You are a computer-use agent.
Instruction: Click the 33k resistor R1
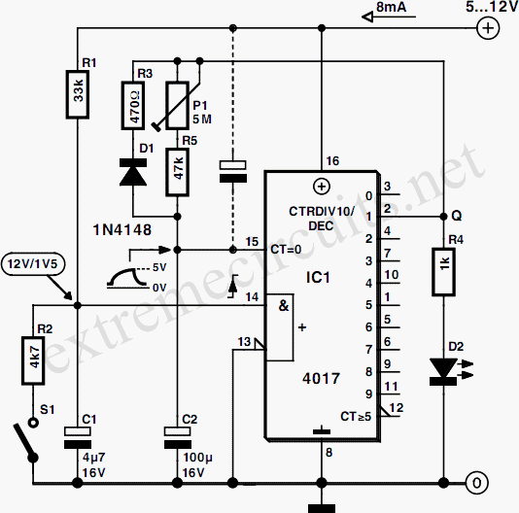click(x=77, y=94)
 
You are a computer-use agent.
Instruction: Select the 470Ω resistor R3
click(x=133, y=105)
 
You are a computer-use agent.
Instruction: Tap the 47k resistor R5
click(x=178, y=172)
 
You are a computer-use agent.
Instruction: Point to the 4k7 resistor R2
click(x=33, y=360)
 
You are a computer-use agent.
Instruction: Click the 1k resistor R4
click(x=443, y=272)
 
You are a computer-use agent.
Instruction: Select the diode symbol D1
click(x=133, y=172)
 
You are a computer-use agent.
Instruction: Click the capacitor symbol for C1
click(x=77, y=438)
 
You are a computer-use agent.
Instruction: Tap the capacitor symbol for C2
click(x=178, y=438)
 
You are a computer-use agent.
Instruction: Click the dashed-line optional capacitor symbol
click(x=233, y=171)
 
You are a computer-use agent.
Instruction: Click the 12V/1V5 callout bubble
click(x=33, y=263)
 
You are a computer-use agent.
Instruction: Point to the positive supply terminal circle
click(x=488, y=28)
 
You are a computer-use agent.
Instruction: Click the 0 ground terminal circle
click(x=476, y=483)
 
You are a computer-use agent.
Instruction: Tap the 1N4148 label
click(x=122, y=229)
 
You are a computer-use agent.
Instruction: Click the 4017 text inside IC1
click(x=321, y=378)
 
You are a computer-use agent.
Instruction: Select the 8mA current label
click(x=391, y=7)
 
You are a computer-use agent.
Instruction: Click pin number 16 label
click(x=332, y=161)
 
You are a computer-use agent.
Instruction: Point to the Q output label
click(x=457, y=216)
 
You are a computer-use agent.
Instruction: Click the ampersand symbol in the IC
click(x=284, y=305)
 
